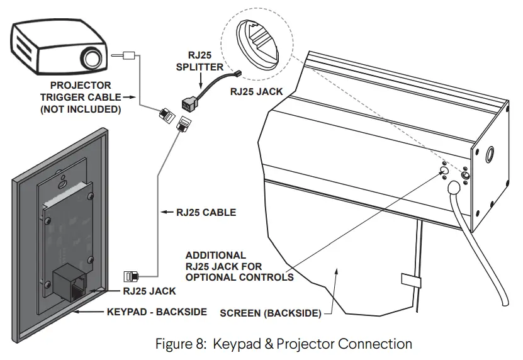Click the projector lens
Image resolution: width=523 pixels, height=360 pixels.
92,58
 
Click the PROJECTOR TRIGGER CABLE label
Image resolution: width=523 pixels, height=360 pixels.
80,97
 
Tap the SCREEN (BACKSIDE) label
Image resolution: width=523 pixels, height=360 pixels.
271,313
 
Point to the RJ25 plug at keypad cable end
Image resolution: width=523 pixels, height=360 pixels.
131,275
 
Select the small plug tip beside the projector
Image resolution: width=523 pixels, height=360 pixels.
130,55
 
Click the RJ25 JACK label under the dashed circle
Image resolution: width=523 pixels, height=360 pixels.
256,92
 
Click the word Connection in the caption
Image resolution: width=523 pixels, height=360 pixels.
375,344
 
